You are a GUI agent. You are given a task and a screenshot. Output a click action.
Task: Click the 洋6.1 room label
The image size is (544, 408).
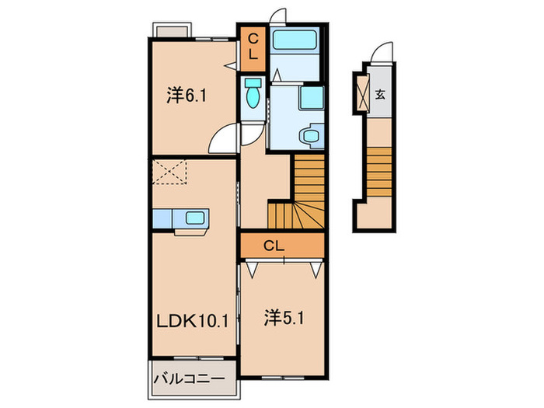[x=186, y=96]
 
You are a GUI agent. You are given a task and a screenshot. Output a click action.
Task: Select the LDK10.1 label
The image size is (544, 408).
[x=194, y=320]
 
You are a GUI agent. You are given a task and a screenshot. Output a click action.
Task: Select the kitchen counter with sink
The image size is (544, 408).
[x=180, y=220]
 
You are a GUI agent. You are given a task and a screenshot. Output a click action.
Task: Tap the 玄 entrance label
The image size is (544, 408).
[x=381, y=95]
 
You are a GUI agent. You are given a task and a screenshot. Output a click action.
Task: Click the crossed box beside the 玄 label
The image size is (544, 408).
[x=362, y=92]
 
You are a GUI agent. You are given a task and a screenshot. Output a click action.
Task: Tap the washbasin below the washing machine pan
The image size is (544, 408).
[x=310, y=134]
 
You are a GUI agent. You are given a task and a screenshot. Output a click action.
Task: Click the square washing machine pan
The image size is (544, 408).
[x=311, y=99]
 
